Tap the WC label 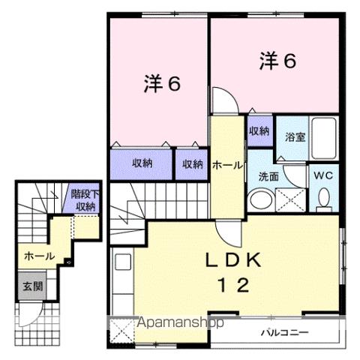pyautogui.click(x=323, y=175)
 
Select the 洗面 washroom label pyautogui.click(x=268, y=177)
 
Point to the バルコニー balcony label pyautogui.click(x=281, y=330)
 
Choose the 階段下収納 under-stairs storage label pyautogui.click(x=85, y=200)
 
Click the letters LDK pyautogui.click(x=234, y=261)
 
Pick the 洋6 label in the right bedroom pyautogui.click(x=278, y=60)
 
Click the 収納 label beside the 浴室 pyautogui.click(x=259, y=131)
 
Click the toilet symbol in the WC pyautogui.click(x=324, y=197)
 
